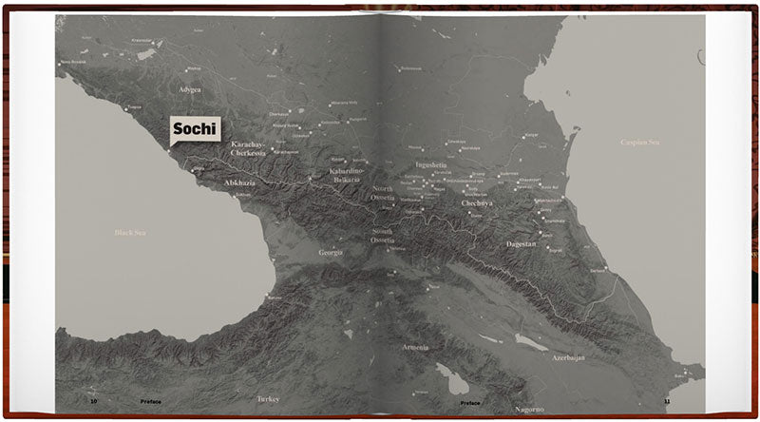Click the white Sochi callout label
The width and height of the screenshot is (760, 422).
pos(195,128)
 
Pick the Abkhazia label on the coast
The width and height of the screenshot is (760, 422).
pos(239,181)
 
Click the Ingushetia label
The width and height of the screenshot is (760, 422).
pos(430,164)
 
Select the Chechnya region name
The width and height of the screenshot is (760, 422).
pos(476,203)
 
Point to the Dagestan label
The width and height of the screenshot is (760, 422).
pos(522,244)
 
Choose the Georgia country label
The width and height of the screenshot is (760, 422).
pos(330,253)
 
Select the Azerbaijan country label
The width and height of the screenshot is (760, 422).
pos(568,358)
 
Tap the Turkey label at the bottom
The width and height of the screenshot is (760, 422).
pos(268,400)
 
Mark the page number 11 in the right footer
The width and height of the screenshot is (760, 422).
pos(667,402)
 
